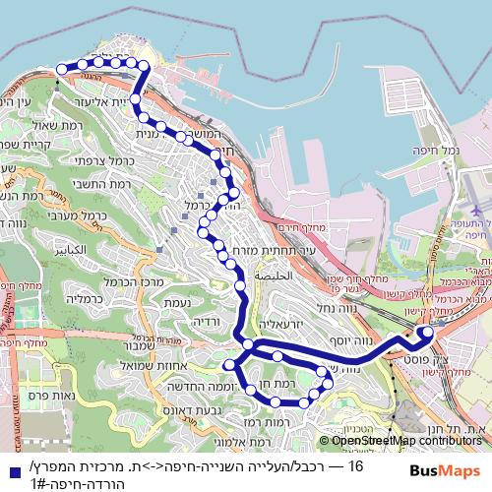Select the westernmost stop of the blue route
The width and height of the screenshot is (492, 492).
pyautogui.click(x=62, y=68)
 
